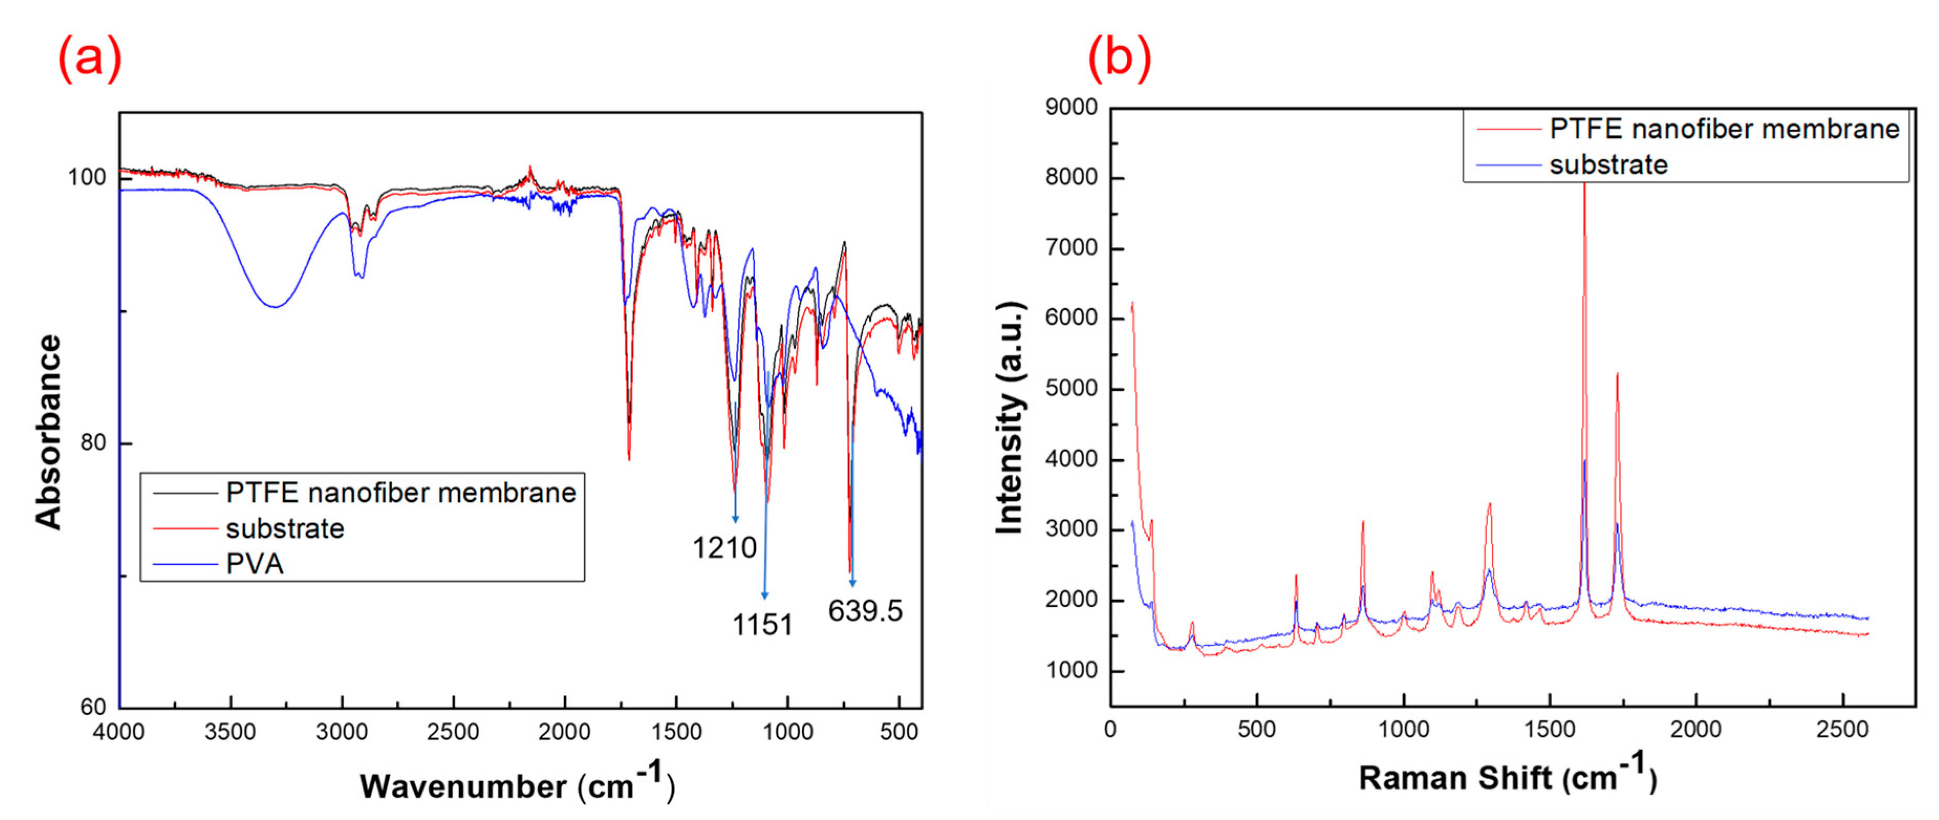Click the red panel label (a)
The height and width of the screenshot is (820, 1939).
pyautogui.click(x=90, y=58)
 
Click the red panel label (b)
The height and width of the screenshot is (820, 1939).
pyautogui.click(x=1119, y=58)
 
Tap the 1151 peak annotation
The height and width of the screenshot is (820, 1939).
pyautogui.click(x=763, y=625)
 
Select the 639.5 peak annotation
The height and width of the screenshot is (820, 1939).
pyautogui.click(x=865, y=611)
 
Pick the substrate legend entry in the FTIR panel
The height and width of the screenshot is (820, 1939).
pyautogui.click(x=285, y=528)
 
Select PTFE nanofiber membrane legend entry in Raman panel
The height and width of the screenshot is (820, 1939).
pyautogui.click(x=1724, y=129)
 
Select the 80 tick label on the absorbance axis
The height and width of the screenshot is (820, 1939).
pyautogui.click(x=93, y=443)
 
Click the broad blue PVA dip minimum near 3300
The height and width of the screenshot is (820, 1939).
pyautogui.click(x=276, y=307)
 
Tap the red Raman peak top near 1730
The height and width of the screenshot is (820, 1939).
pyautogui.click(x=1617, y=374)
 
